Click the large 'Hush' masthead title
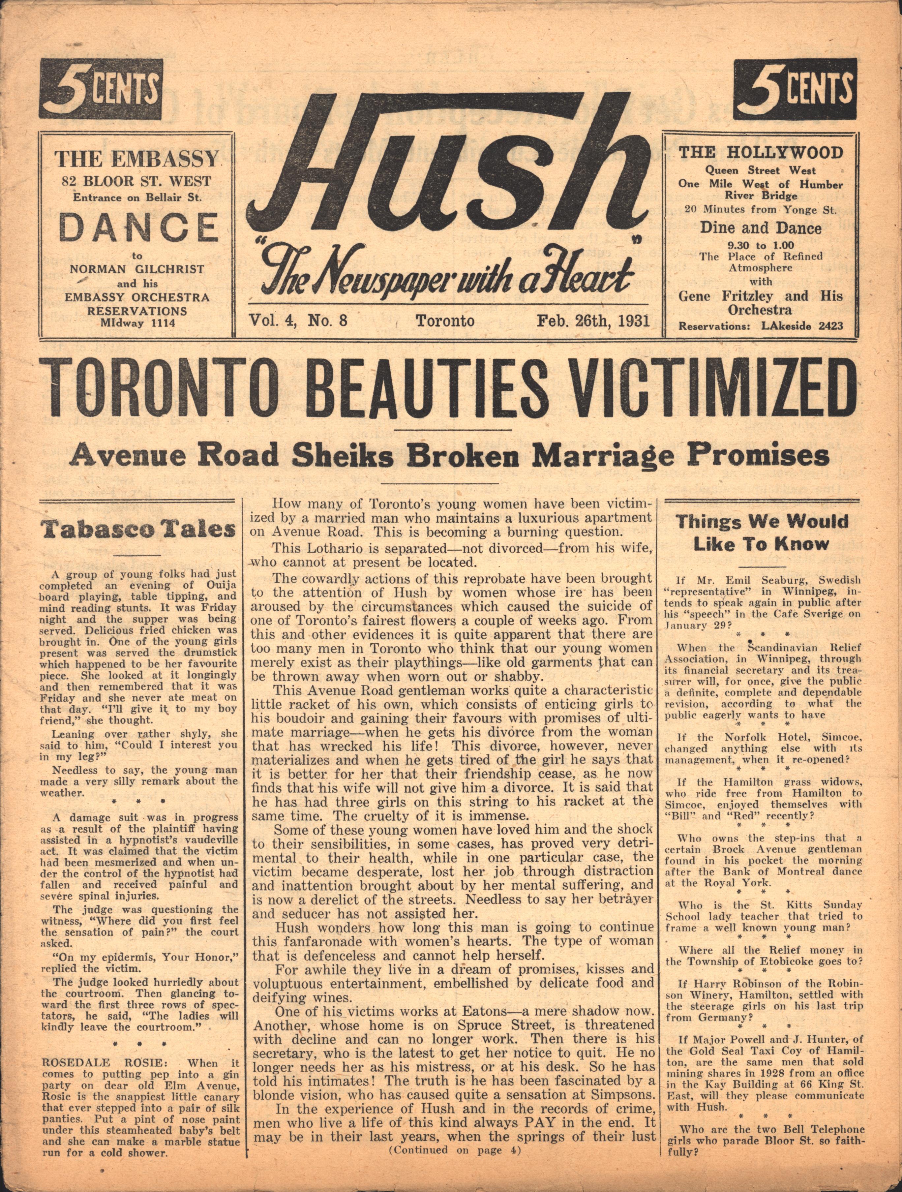point(447,167)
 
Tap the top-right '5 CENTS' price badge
point(795,88)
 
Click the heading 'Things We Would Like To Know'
point(762,533)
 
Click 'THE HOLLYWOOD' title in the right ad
point(760,152)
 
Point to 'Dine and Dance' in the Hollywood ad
point(760,228)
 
